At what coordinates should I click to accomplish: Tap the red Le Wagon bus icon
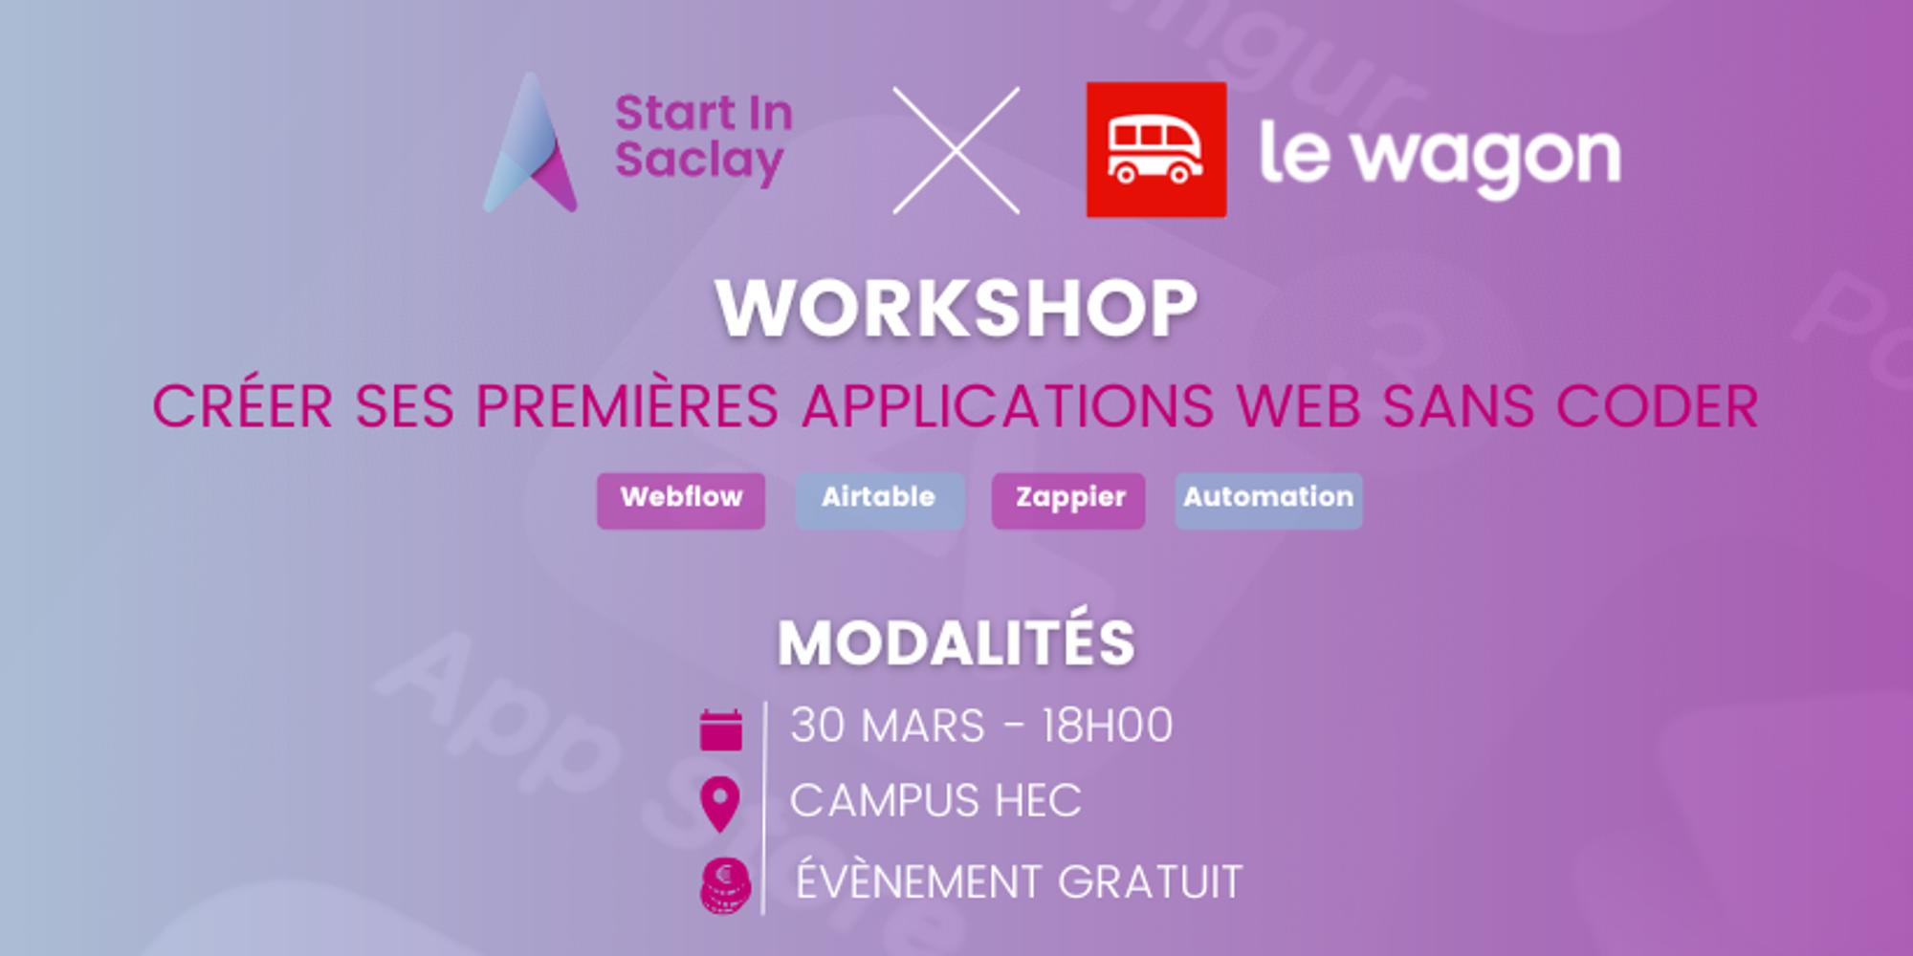[1155, 150]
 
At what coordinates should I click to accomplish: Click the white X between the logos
[956, 150]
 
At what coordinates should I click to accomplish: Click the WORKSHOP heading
[956, 309]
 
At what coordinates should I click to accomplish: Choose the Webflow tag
[681, 499]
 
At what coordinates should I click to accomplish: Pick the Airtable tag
[879, 499]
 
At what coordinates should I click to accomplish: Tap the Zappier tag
[1068, 499]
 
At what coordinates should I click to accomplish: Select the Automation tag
[1268, 499]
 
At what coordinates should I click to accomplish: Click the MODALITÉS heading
[956, 642]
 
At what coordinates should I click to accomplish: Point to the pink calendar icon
[721, 730]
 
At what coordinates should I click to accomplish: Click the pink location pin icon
[720, 803]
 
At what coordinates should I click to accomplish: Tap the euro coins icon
[725, 885]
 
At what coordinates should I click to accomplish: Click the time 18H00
[1107, 727]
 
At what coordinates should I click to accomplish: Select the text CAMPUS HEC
[935, 801]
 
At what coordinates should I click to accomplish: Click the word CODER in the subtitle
[1657, 406]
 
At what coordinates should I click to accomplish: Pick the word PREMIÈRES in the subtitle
[627, 406]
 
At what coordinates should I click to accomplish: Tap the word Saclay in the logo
[699, 160]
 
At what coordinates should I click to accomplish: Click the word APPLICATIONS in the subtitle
[1008, 406]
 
